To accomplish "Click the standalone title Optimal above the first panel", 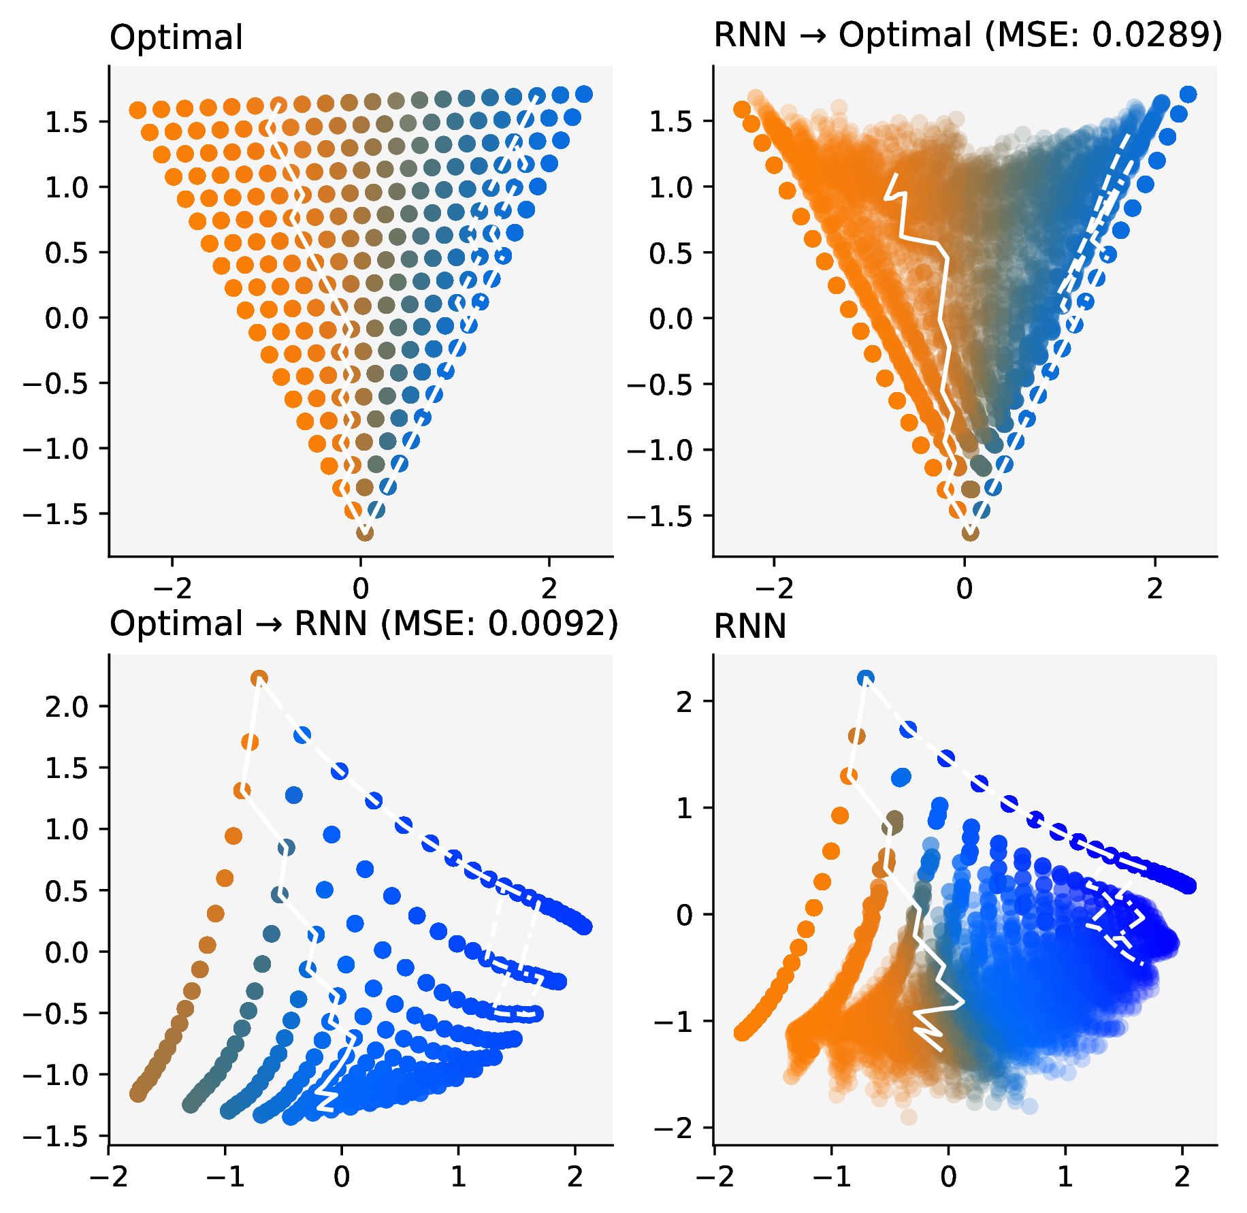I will (x=176, y=38).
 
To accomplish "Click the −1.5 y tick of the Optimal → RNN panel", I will (x=56, y=1136).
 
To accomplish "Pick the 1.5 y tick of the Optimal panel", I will (x=67, y=123).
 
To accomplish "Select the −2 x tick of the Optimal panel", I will (x=172, y=587).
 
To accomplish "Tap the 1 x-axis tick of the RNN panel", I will (x=1065, y=1174).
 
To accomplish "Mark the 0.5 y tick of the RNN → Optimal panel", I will (x=670, y=253).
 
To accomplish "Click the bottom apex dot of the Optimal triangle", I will (x=365, y=532).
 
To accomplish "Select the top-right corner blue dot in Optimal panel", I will (x=583, y=94).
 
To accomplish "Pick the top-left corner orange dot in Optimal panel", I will (x=137, y=110).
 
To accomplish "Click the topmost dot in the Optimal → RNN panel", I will (x=259, y=678).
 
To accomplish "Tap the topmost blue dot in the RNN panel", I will (x=866, y=678).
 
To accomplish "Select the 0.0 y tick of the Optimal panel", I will (x=67, y=319).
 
